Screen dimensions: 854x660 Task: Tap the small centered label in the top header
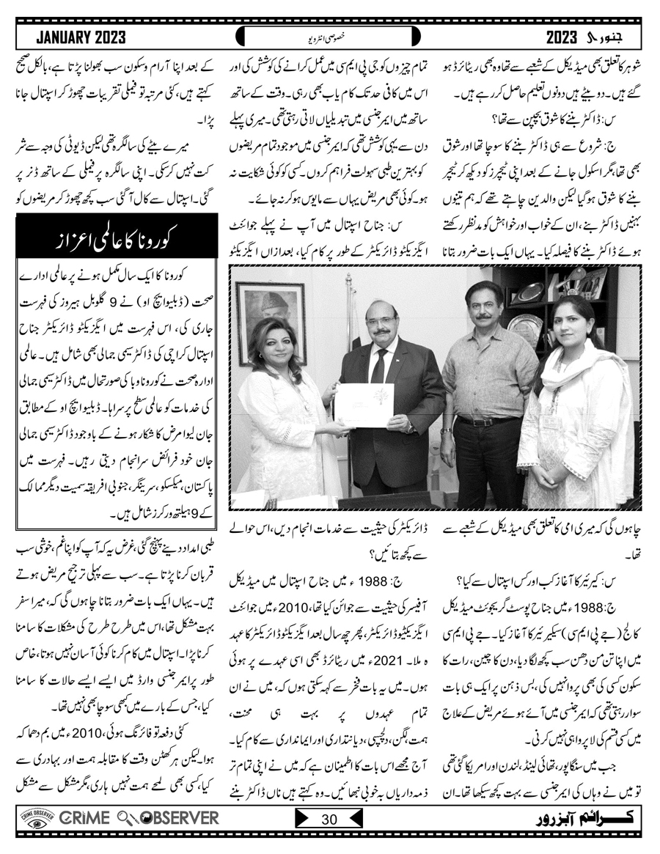pos(329,36)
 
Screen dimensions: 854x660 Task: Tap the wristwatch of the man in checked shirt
pos(446,432)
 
